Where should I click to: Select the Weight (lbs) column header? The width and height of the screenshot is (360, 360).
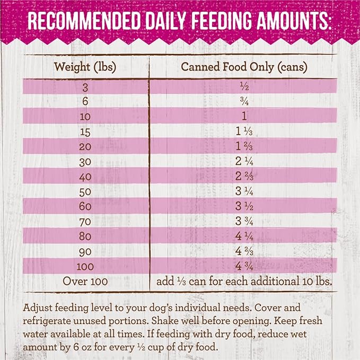(85, 67)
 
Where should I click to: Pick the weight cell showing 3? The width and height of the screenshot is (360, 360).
(85, 86)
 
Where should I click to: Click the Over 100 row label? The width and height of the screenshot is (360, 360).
(85, 280)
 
